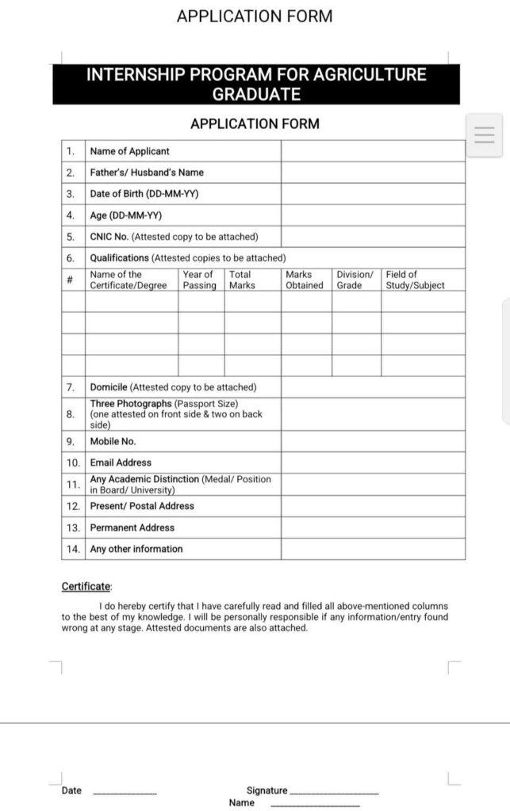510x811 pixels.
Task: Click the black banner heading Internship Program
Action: (x=255, y=85)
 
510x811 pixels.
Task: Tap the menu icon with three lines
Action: (x=484, y=135)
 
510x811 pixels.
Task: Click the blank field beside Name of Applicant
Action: (x=372, y=151)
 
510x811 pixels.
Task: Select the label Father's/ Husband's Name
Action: (x=147, y=173)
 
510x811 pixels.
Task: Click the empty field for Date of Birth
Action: (x=372, y=194)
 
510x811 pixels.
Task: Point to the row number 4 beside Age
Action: (x=71, y=215)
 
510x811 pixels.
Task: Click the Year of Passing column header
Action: (x=199, y=280)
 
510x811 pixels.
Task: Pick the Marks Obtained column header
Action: (x=305, y=280)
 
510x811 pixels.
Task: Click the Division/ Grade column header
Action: (x=355, y=280)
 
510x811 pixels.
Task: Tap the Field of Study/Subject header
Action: (x=415, y=280)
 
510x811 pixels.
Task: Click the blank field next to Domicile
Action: (x=372, y=387)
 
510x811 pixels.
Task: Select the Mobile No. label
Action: (x=113, y=442)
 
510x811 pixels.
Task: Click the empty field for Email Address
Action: (x=372, y=463)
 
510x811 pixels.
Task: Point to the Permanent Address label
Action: (x=132, y=527)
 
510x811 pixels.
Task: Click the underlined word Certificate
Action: (x=86, y=587)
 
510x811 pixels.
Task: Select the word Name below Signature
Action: (x=242, y=803)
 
